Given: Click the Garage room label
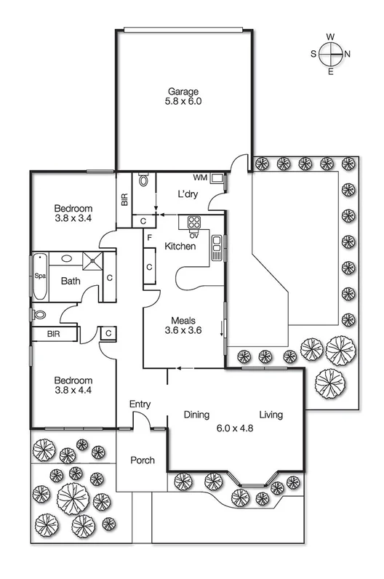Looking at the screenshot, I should click(184, 91).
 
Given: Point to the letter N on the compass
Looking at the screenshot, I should click(348, 53).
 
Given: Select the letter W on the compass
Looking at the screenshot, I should click(330, 36).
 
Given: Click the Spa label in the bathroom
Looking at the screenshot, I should click(39, 276).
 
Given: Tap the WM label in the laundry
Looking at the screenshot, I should click(199, 177).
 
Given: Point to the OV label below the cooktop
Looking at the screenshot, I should click(194, 234).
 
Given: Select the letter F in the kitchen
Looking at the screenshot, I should click(148, 237).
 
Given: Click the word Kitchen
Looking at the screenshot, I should click(180, 247).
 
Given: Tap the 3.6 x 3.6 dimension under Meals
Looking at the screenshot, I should click(186, 330).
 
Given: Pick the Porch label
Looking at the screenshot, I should click(142, 460).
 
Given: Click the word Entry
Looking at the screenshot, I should click(140, 404).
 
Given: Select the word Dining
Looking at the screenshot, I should click(196, 415).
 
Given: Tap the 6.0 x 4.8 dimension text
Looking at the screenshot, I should click(233, 428).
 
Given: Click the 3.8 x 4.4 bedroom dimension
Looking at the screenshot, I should click(73, 391).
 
